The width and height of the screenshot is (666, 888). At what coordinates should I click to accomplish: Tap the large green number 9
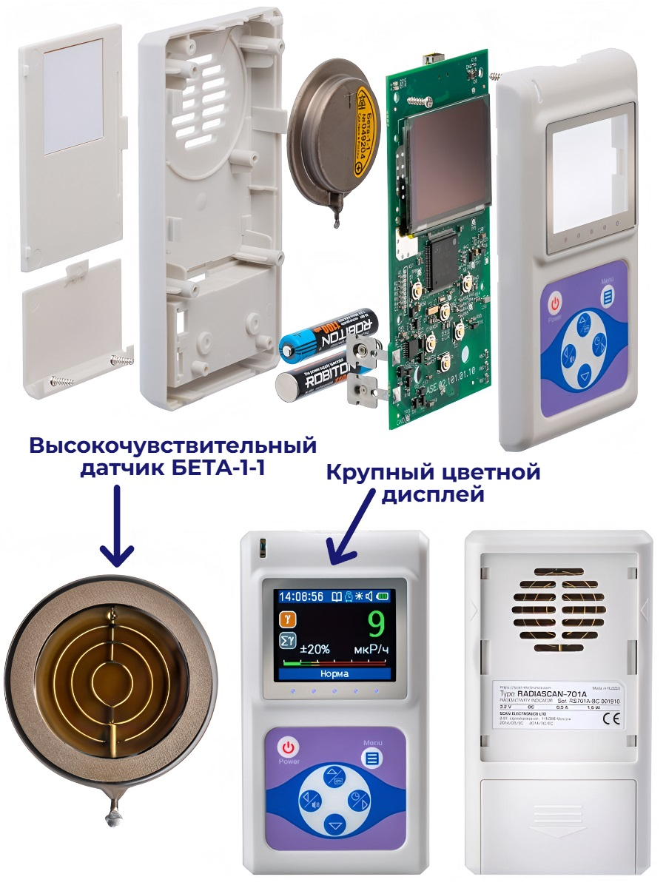pyautogui.click(x=375, y=626)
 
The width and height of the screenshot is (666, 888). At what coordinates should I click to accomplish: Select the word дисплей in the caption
pyautogui.click(x=432, y=494)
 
